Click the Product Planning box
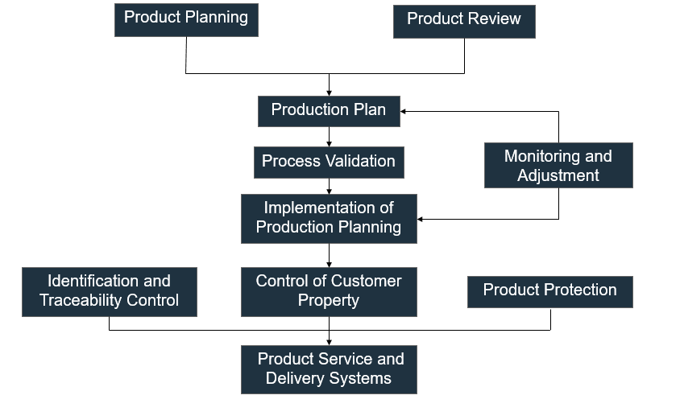click(x=186, y=20)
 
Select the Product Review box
click(x=464, y=22)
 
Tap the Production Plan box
click(x=329, y=111)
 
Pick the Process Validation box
click(x=329, y=163)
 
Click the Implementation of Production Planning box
click(x=329, y=219)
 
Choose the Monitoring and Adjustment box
click(x=558, y=165)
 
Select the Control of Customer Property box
click(x=329, y=292)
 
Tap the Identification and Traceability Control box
click(x=110, y=292)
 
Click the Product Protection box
click(x=550, y=292)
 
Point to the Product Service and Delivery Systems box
click(x=329, y=369)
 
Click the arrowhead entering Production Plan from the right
click(x=403, y=111)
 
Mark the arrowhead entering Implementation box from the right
click(x=420, y=219)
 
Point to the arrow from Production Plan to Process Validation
click(x=329, y=137)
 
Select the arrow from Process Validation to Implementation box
click(x=329, y=186)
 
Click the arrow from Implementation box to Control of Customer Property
click(x=329, y=256)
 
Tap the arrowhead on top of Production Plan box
click(x=329, y=93)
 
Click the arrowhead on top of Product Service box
click(x=329, y=342)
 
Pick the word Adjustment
click(x=558, y=175)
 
